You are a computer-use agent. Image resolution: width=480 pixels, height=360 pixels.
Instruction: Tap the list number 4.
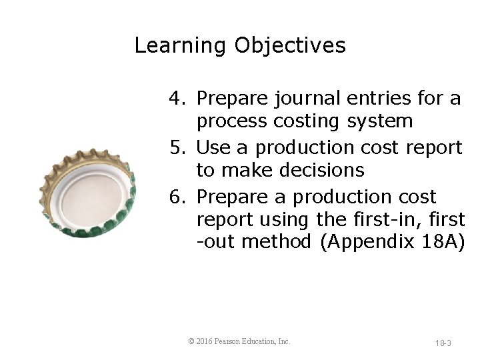176,99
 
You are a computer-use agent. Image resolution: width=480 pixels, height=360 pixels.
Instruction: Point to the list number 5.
176,147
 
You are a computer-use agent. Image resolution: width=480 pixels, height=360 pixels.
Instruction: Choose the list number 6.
176,197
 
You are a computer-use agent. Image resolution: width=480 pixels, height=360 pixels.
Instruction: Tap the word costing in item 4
311,121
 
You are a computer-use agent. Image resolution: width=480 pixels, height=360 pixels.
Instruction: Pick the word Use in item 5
213,147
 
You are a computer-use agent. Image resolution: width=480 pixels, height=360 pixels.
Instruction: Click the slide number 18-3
443,343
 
